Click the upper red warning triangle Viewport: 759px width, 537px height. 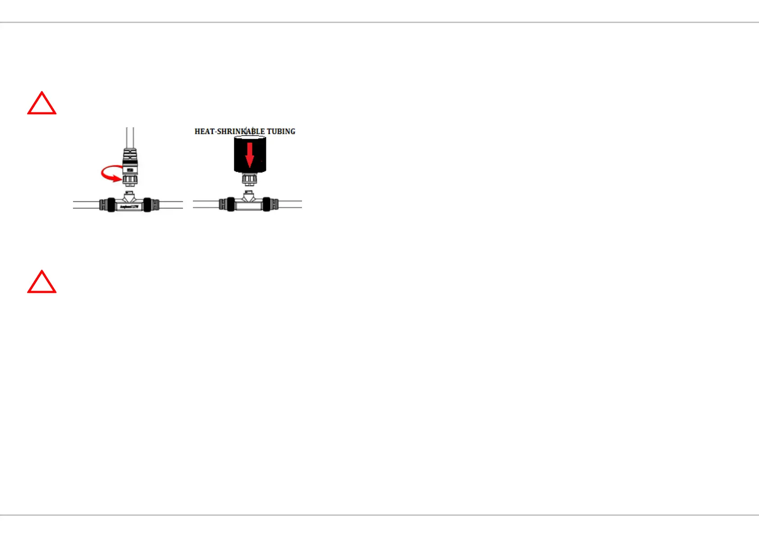[x=42, y=104]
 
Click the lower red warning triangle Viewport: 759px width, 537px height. [x=42, y=283]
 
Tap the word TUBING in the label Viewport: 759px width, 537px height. [x=281, y=131]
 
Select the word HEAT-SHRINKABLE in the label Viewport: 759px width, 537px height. [x=229, y=131]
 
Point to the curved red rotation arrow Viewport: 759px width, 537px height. [x=110, y=174]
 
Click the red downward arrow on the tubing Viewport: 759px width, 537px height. [x=250, y=155]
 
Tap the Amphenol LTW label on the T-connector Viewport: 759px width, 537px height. [x=129, y=206]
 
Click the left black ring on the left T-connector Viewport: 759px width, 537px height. [x=110, y=205]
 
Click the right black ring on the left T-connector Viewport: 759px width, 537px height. [x=147, y=205]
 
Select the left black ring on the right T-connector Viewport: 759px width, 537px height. [x=230, y=204]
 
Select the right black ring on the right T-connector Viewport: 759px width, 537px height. [x=267, y=204]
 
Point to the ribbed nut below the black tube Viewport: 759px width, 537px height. [x=249, y=179]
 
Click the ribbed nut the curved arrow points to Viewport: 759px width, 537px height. [x=130, y=180]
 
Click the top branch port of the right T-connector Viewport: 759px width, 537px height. [x=249, y=196]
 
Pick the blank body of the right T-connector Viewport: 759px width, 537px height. [x=249, y=206]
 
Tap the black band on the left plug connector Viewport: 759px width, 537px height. [x=130, y=170]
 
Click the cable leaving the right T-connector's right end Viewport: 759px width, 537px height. [x=290, y=204]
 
